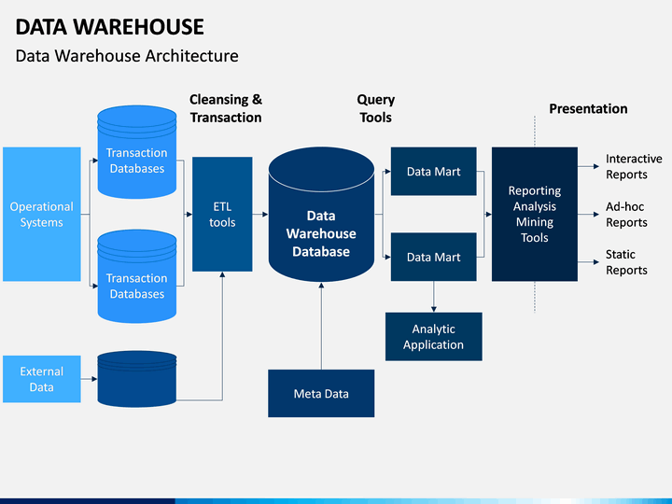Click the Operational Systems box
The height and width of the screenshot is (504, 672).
coord(42,215)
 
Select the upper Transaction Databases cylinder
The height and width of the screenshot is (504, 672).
coord(136,152)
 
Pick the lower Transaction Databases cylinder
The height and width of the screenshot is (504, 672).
coord(136,276)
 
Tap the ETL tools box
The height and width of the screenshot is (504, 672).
coord(222,215)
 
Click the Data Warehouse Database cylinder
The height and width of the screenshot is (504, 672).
coord(321,215)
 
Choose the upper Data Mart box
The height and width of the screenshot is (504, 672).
coord(433,172)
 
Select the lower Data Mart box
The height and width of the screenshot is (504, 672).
coord(433,258)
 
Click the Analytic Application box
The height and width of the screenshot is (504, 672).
coord(433,336)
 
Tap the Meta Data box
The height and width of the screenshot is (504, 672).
coord(321,394)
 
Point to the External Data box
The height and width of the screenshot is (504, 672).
coord(42,379)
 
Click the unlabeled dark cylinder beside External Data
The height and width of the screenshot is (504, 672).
coord(136,379)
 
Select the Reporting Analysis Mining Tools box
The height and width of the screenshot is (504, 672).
coord(535,215)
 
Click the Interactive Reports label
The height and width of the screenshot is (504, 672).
coord(634,167)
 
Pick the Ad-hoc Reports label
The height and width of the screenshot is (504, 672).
coord(626,215)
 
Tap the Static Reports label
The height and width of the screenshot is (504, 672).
coord(626,262)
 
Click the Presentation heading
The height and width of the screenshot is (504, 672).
coord(588,109)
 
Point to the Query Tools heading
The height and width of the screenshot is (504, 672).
coord(376,108)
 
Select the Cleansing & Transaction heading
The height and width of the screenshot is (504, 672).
coord(226,108)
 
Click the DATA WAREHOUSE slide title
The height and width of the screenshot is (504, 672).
coord(110,27)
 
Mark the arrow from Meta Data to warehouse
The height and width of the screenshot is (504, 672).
coord(321,326)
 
